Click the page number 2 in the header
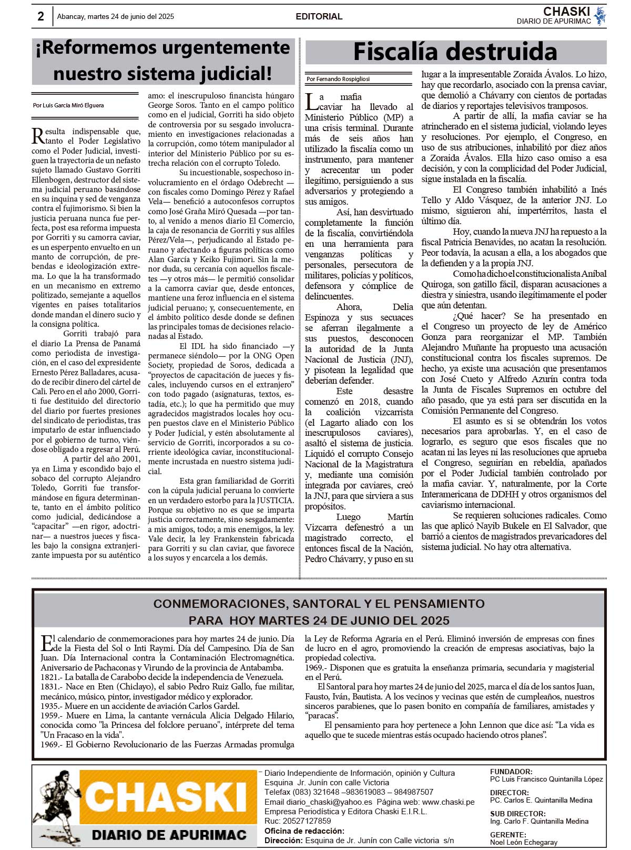tap(40, 16)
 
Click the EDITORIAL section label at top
tap(319, 16)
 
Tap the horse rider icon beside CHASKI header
tap(599, 16)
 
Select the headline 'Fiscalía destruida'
tap(455, 52)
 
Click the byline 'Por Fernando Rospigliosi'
tap(338, 79)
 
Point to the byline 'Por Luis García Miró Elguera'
tap(68, 105)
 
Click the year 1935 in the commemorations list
tap(49, 706)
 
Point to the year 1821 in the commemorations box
tap(49, 677)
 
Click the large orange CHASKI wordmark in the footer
tap(166, 798)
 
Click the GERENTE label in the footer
tap(508, 835)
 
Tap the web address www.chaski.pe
tap(448, 802)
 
